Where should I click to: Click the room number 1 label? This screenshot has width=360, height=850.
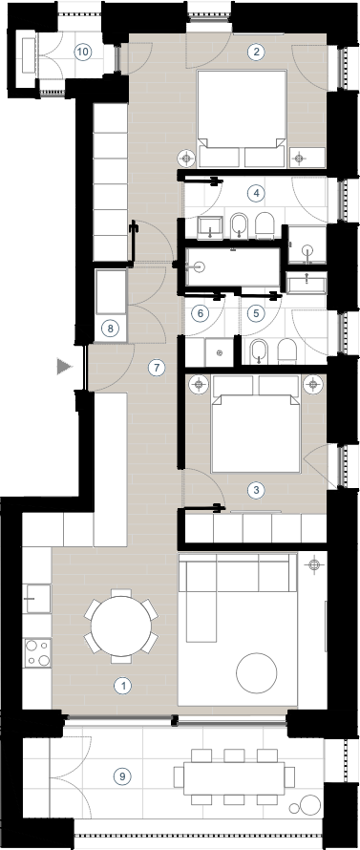pos(123,686)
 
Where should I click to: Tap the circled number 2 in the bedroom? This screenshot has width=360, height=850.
pos(256,52)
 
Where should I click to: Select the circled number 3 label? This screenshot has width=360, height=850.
pos(256,491)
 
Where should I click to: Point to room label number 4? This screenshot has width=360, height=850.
pos(255,192)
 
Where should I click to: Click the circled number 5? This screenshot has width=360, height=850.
pos(256,313)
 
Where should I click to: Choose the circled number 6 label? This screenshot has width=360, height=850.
pos(201,313)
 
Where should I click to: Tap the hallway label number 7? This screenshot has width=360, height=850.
pos(157,368)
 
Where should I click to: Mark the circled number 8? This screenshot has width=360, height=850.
pos(110,329)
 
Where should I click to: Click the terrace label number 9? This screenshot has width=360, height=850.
pos(122,776)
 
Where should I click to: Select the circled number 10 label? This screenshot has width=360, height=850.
pos(83,52)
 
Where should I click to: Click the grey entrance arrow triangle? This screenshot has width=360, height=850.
pos(65,367)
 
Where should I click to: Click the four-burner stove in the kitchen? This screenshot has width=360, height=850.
pos(37,653)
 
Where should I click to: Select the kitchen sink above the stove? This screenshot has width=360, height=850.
pos(37,599)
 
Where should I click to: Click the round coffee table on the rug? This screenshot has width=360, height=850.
pos(257,672)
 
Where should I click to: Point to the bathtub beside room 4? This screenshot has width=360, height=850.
pos(233,266)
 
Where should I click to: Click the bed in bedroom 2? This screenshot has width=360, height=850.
pos(242,118)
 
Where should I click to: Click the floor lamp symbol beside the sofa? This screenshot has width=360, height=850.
pos(313,565)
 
